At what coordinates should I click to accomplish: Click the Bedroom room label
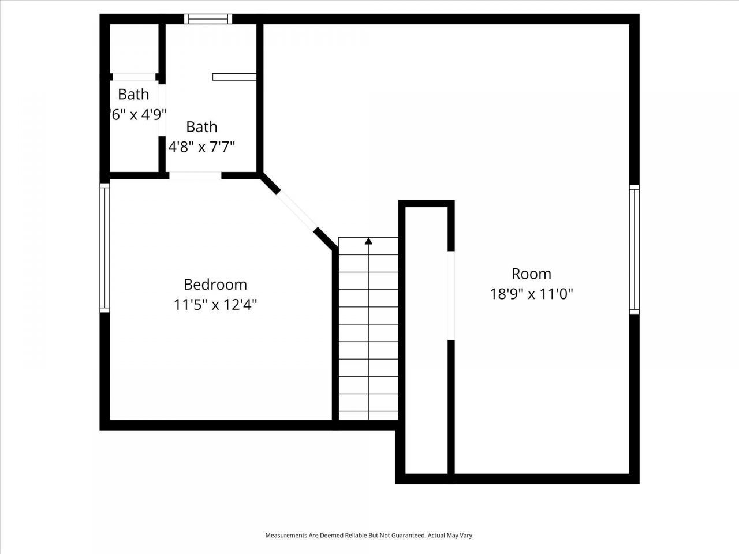[x=215, y=285]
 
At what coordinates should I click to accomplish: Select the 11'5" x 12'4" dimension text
[x=215, y=305]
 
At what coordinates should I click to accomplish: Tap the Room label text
[x=531, y=274]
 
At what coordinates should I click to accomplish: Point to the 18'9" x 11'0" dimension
[x=531, y=294]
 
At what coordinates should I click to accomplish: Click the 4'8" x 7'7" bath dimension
[x=201, y=147]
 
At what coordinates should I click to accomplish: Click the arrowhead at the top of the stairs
[x=368, y=241]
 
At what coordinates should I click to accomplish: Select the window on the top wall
[x=208, y=19]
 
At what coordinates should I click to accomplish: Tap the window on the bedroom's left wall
[x=104, y=248]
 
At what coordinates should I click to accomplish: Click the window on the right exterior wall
[x=634, y=249]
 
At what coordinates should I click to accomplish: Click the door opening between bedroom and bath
[x=195, y=175]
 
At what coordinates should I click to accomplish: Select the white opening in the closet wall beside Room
[x=451, y=295]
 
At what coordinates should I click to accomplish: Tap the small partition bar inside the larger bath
[x=234, y=77]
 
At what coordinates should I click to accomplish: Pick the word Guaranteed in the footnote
[x=408, y=536]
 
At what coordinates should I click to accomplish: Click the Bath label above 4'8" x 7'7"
[x=201, y=126]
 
